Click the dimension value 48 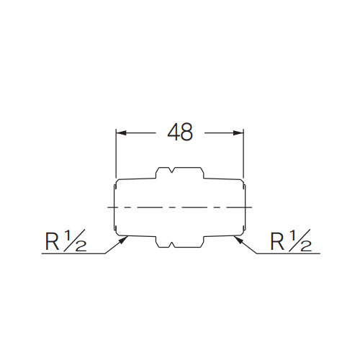click(x=180, y=133)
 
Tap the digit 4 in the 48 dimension click(x=174, y=133)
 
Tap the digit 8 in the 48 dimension click(x=186, y=133)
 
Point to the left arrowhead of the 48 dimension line click(x=120, y=133)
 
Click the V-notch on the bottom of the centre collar click(x=170, y=246)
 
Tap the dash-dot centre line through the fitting click(x=179, y=207)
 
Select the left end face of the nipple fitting click(x=113, y=207)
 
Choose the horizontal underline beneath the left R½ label click(x=72, y=254)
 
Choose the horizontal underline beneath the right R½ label click(x=288, y=254)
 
